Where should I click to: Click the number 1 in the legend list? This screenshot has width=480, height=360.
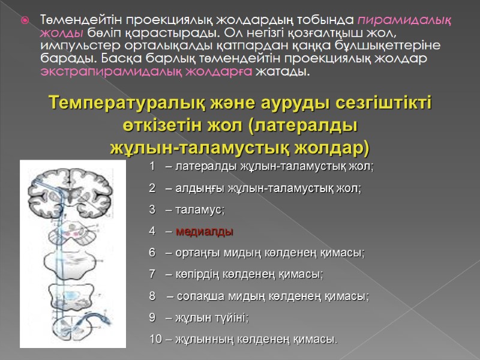click(x=153, y=166)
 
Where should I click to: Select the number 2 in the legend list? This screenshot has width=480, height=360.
click(x=153, y=188)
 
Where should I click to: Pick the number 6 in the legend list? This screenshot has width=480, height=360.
click(x=153, y=253)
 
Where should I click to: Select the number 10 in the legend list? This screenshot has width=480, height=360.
click(x=155, y=340)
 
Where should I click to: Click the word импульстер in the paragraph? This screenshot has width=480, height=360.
click(x=70, y=46)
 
